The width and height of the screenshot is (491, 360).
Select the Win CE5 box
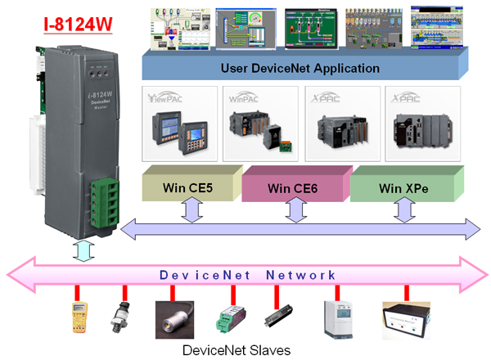[189, 187]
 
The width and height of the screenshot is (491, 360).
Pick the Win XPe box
[401, 187]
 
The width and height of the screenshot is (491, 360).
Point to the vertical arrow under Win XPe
[402, 211]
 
